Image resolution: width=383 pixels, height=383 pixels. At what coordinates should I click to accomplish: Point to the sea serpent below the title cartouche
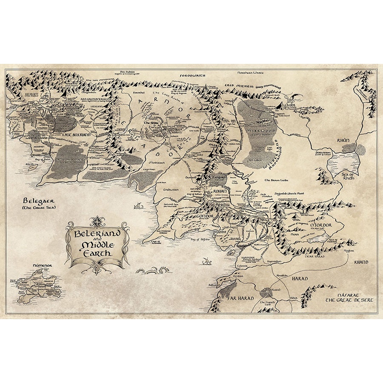coord(154,270)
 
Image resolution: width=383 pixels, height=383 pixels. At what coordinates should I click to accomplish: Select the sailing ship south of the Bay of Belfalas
coord(207,260)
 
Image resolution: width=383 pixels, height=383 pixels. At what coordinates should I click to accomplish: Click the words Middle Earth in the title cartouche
coord(97,248)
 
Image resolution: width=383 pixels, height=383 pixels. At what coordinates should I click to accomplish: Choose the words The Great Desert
coord(349,300)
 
